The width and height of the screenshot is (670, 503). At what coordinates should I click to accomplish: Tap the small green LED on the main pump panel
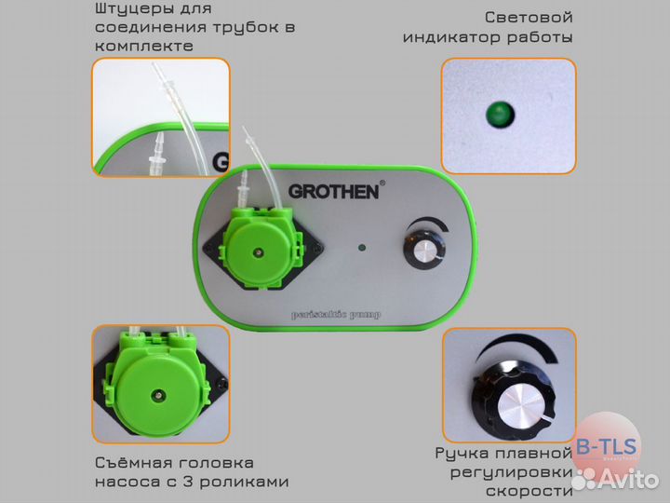[x=359, y=249]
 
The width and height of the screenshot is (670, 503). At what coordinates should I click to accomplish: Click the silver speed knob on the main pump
[x=424, y=251]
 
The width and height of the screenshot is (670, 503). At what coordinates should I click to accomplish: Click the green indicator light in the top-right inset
[x=497, y=116]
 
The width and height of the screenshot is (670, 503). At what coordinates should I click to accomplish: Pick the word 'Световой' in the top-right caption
[x=528, y=18]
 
